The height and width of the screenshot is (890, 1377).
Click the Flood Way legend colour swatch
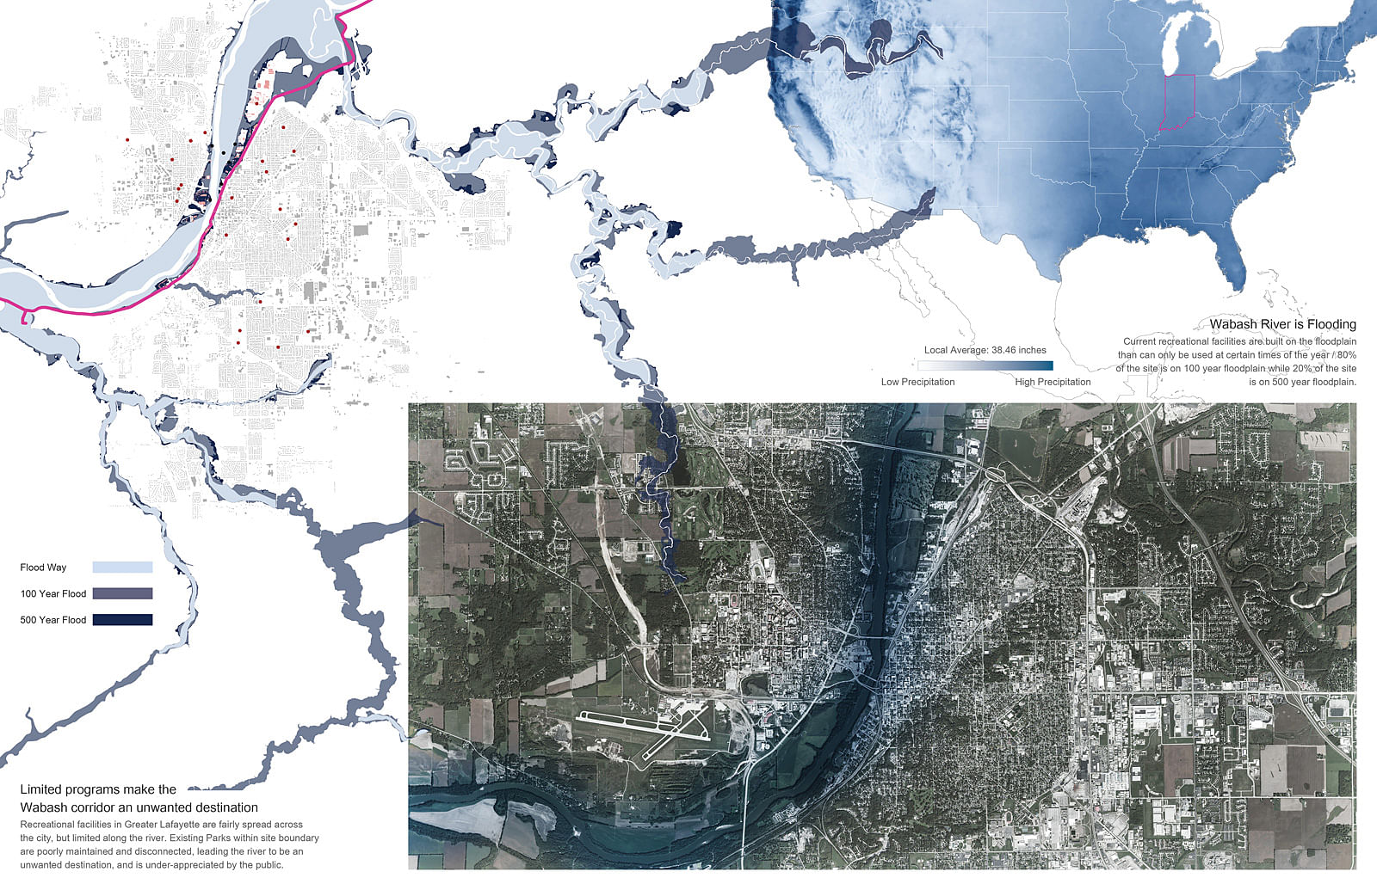pyautogui.click(x=122, y=568)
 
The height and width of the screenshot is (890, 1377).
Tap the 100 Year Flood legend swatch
pyautogui.click(x=122, y=593)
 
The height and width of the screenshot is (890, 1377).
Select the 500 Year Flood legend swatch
pyautogui.click(x=122, y=620)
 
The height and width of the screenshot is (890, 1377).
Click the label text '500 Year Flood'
pyautogui.click(x=53, y=620)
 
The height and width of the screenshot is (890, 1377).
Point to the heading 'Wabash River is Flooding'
pyautogui.click(x=1282, y=324)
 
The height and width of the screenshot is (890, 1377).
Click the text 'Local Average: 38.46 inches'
pyautogui.click(x=985, y=350)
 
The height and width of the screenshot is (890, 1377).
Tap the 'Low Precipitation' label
pyautogui.click(x=917, y=382)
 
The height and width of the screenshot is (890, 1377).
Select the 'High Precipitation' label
pyautogui.click(x=1053, y=382)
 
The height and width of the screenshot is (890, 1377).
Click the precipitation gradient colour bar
pyautogui.click(x=985, y=365)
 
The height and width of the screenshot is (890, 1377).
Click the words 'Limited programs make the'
pyautogui.click(x=98, y=789)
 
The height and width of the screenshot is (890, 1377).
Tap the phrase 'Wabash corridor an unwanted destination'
pyautogui.click(x=139, y=807)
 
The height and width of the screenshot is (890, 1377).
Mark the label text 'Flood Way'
pyautogui.click(x=43, y=568)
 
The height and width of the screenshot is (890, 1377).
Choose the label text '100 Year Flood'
pyautogui.click(x=53, y=593)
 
